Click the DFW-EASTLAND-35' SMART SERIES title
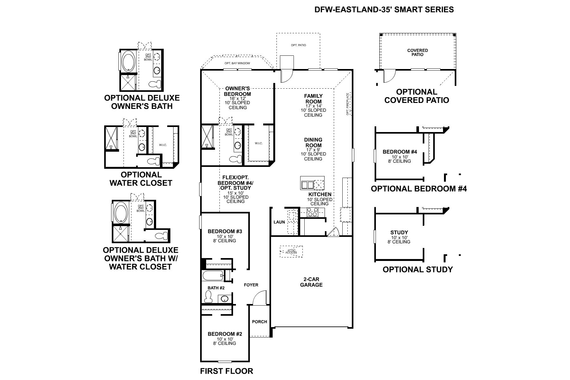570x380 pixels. [x=384, y=9]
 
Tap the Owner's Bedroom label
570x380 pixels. [x=237, y=91]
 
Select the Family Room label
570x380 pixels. [x=313, y=98]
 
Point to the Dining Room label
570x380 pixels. [x=313, y=142]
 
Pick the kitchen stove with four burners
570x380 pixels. [x=312, y=212]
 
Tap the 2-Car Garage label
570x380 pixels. [x=312, y=282]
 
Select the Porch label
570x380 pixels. [x=259, y=321]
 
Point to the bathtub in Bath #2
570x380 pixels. [x=213, y=275]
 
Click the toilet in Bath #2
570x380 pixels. [x=208, y=297]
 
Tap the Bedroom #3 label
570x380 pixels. [x=225, y=231]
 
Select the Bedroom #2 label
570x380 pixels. [x=225, y=334]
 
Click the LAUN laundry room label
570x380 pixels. [x=279, y=222]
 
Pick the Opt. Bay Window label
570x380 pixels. [x=237, y=63]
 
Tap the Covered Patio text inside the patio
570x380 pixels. [x=417, y=52]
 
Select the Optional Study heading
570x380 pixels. [x=417, y=269]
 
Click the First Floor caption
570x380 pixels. [x=226, y=371]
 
